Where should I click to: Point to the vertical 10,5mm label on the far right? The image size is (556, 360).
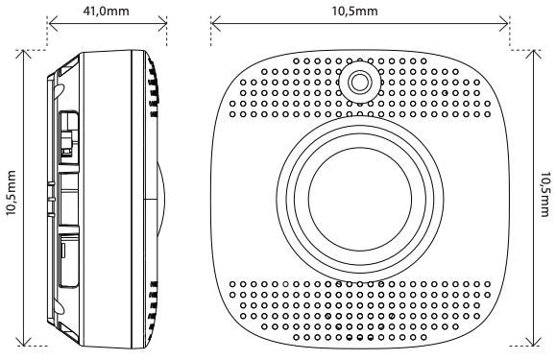pyautogui.click(x=545, y=196)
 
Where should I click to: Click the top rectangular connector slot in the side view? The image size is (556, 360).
pyautogui.click(x=67, y=134)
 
